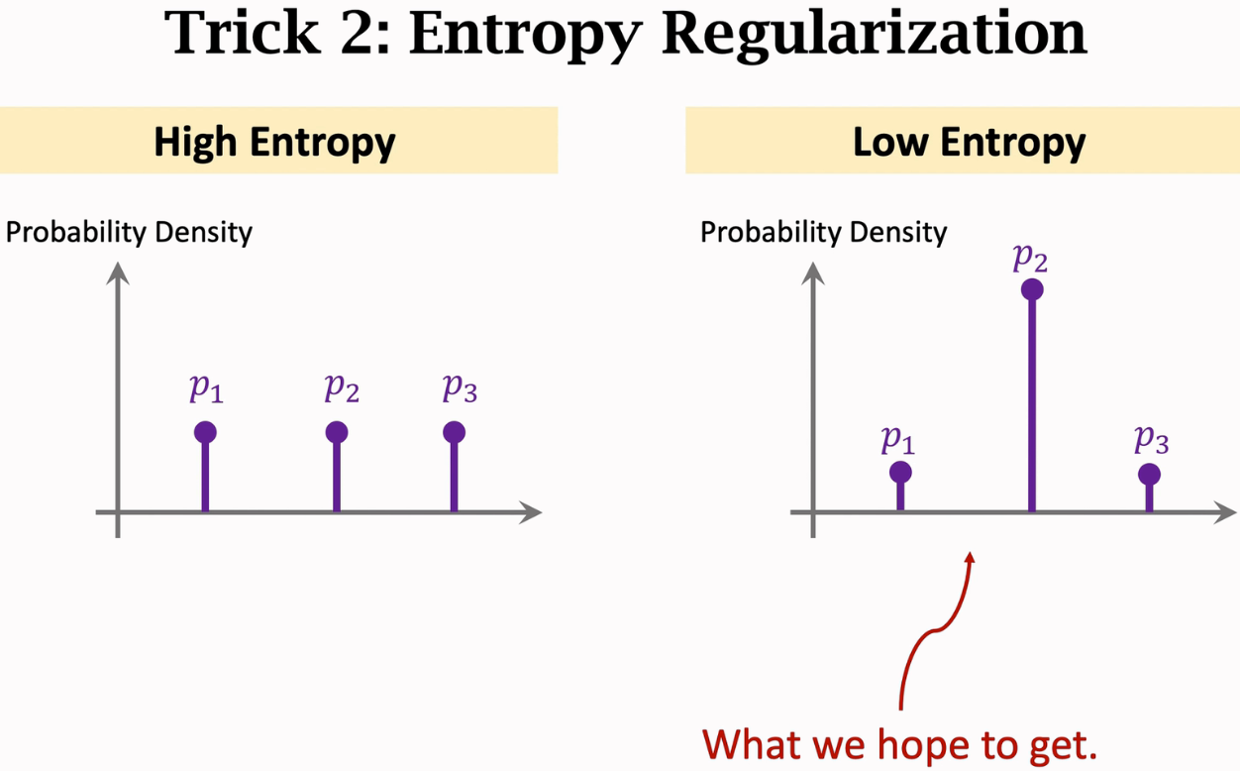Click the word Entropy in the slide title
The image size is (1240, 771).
tap(525, 34)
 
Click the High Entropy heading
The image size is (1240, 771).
tap(274, 142)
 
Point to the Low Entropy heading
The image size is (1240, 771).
tap(969, 142)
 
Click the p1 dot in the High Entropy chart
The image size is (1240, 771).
tap(205, 432)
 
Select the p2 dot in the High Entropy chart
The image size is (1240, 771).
tap(337, 432)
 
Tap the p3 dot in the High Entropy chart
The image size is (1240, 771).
tap(454, 432)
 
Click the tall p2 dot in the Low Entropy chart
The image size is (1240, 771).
tap(1032, 289)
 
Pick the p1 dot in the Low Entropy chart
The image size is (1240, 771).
tap(900, 472)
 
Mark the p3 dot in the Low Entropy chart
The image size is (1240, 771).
tap(1149, 474)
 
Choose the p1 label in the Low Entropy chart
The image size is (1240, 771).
tap(897, 438)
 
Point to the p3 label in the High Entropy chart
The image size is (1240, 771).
tap(460, 389)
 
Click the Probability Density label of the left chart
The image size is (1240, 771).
tap(129, 233)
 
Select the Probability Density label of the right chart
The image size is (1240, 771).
tap(824, 233)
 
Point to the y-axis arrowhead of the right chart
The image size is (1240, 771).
tap(813, 272)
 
